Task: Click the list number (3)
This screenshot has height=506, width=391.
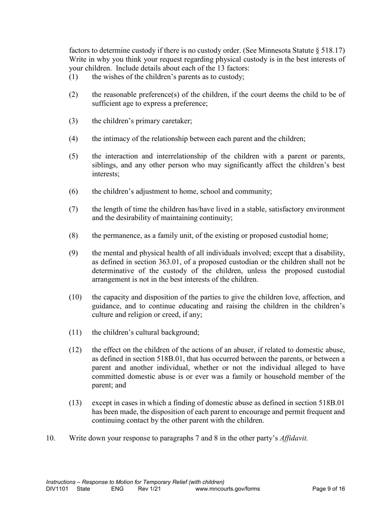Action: coord(73,121)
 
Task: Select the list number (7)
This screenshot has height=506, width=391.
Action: coord(73,209)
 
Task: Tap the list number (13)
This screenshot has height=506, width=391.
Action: coord(74,403)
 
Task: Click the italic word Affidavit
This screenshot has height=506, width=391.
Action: coord(293,438)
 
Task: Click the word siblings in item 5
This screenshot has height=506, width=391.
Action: coord(105,165)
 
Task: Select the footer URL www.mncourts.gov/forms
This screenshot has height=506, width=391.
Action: coord(228,489)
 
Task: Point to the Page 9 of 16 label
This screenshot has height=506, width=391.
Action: coord(328,489)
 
